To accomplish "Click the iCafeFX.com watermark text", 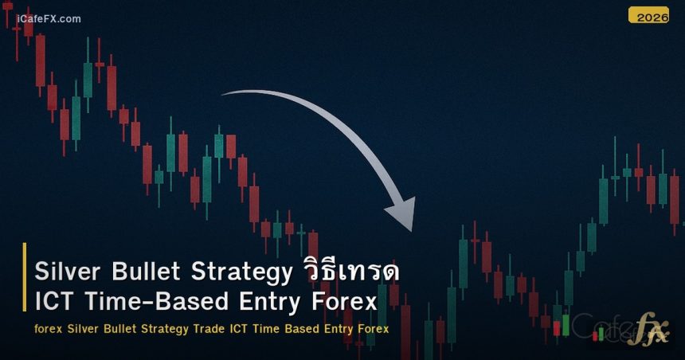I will [x=49, y=18].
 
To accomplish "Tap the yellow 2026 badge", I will [x=648, y=15].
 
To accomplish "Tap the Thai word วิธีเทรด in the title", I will [x=350, y=272].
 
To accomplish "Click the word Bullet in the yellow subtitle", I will [x=120, y=329].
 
